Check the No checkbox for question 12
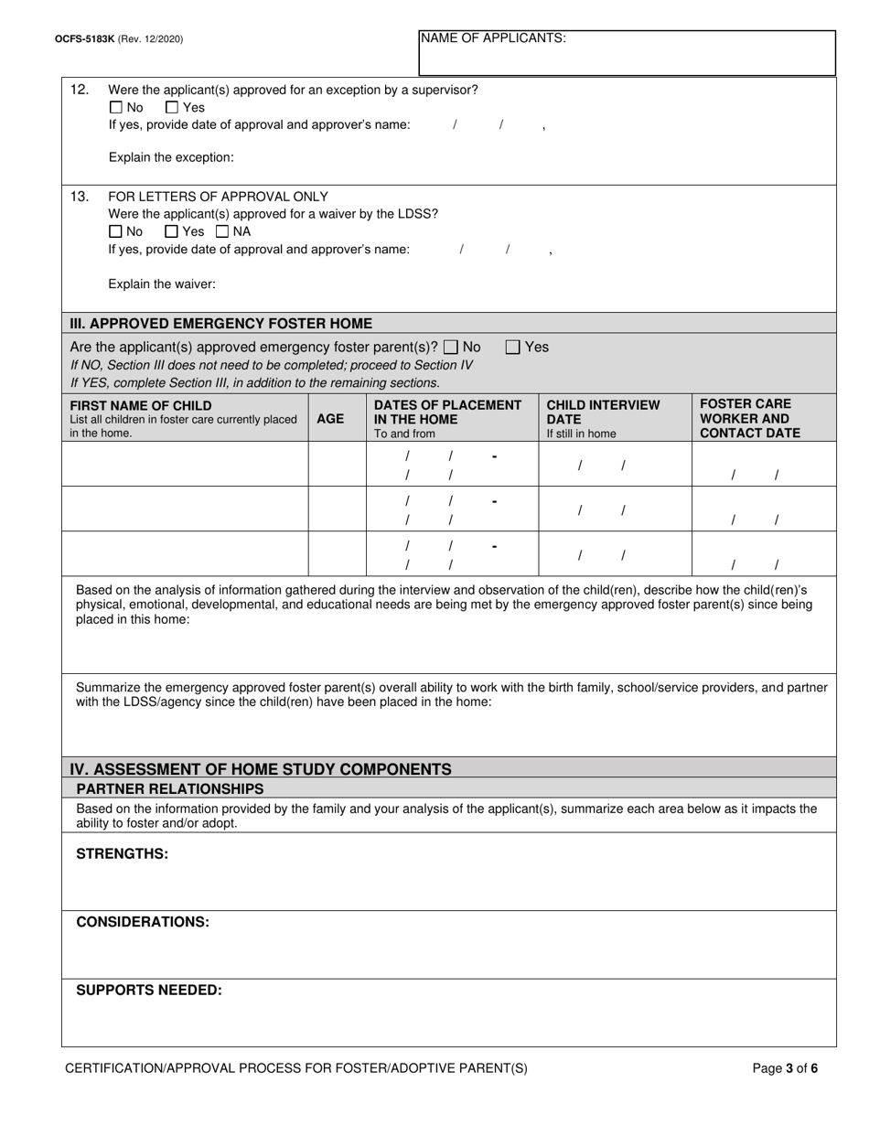click(115, 107)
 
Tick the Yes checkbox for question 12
click(172, 107)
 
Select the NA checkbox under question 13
click(222, 231)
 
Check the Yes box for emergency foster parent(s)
click(513, 347)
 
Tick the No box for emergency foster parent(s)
click(451, 347)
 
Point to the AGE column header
click(330, 419)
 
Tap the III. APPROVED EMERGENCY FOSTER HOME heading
click(221, 324)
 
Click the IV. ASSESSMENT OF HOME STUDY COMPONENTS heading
click(261, 769)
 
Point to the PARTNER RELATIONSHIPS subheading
click(170, 788)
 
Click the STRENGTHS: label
click(122, 853)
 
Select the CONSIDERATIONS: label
click(143, 922)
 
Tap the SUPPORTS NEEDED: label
click(149, 990)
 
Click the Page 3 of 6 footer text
click(785, 1067)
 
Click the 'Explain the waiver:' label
click(162, 284)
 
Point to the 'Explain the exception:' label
click(171, 157)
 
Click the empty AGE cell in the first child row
click(337, 464)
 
